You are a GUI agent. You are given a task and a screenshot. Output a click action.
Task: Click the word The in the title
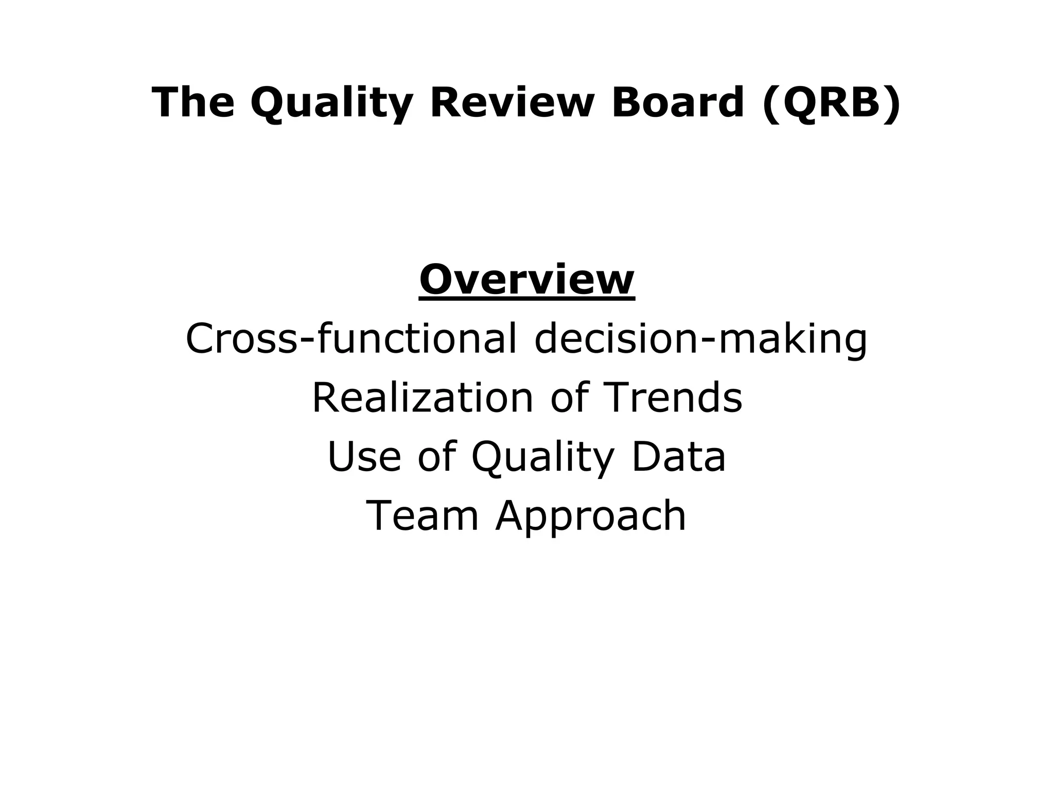click(193, 103)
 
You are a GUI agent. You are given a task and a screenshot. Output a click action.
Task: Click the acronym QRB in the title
click(832, 103)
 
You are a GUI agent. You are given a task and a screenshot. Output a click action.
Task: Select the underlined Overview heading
click(527, 280)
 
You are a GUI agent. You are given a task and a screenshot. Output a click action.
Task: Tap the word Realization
click(423, 398)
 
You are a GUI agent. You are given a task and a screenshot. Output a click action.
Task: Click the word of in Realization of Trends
click(569, 398)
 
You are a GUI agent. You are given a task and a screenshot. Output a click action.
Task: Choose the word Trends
click(674, 398)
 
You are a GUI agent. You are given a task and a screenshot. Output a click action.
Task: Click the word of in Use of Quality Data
click(437, 457)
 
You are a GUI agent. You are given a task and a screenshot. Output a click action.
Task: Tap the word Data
click(678, 457)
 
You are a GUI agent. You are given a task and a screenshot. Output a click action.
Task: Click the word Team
click(422, 515)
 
